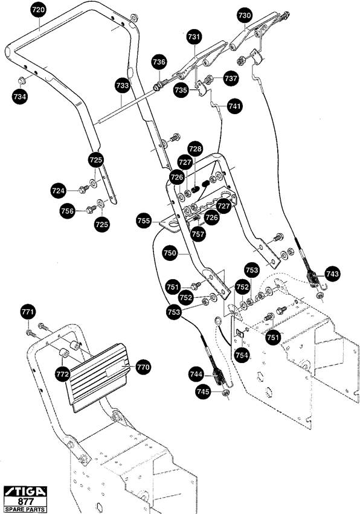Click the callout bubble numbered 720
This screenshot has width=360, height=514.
pos(39,10)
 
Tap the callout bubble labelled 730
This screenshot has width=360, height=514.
pos(245,16)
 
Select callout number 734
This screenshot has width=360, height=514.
pos(20,97)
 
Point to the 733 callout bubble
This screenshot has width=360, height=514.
pos(122,86)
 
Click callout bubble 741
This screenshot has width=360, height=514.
pos(234,106)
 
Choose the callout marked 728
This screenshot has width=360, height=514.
pos(195,149)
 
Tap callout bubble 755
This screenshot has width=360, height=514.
pos(144,220)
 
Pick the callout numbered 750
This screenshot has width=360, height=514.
pos(170,253)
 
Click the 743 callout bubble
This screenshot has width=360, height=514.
pos(332,274)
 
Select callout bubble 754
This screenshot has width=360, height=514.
pos(242,355)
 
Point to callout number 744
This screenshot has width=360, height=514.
pos(196,374)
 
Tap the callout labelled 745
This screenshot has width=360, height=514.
pos(203,391)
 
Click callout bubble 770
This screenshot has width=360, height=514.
pos(143,367)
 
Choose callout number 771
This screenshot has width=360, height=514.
pos(28,312)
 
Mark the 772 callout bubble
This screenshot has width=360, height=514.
pos(63,374)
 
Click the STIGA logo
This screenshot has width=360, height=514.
pos(25,492)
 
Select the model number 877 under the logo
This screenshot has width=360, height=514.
pos(25,502)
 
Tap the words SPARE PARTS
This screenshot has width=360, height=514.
pos(25,509)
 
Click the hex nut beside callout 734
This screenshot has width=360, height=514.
pos(22,80)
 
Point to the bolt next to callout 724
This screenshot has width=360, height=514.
pos(83,189)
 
